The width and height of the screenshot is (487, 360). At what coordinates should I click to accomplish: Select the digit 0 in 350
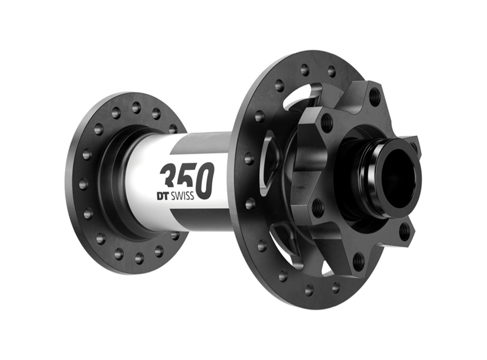[205, 180]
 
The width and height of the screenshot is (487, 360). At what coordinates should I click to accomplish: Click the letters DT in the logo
[162, 196]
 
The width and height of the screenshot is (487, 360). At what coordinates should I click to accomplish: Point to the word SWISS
[181, 196]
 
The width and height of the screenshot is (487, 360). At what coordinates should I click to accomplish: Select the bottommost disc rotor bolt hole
[358, 261]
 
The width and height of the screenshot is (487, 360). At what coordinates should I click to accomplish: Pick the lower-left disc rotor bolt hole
[317, 207]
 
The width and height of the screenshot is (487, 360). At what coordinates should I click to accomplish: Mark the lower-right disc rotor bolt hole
[404, 232]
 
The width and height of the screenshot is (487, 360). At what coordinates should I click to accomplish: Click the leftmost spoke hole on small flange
[83, 184]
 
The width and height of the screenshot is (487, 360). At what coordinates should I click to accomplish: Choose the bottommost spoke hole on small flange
[139, 258]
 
